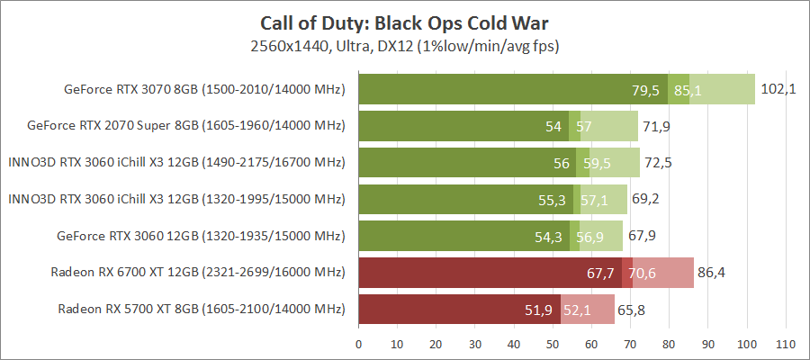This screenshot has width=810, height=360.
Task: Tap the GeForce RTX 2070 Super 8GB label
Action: [x=187, y=126]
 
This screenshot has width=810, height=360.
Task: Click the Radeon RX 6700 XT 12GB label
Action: [x=202, y=273]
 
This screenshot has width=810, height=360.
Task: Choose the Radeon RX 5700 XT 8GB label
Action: [x=202, y=310]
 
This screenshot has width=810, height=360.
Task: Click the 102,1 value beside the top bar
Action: [x=778, y=89]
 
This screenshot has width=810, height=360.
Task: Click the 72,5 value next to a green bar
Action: [x=661, y=163]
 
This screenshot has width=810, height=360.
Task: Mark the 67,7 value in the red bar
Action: [x=599, y=273]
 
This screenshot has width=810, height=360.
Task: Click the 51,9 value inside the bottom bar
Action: [x=538, y=310]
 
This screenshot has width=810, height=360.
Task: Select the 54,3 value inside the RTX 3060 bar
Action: [x=548, y=236]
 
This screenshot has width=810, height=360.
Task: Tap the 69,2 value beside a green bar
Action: [x=648, y=200]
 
